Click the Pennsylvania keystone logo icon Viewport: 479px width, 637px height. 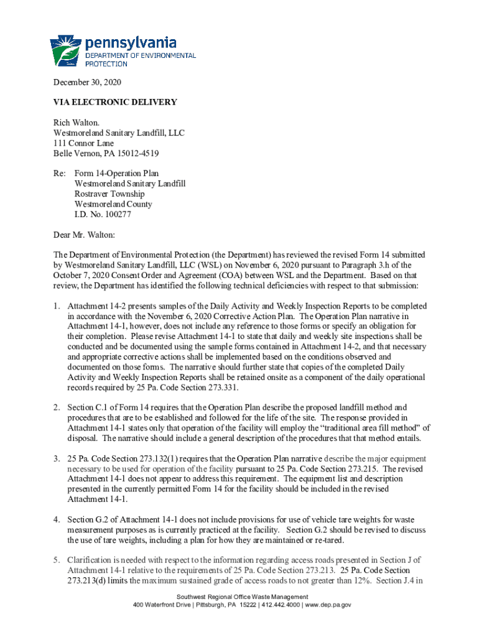coord(65,50)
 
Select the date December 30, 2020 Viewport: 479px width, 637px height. coord(87,83)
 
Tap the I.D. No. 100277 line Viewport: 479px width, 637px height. coord(103,215)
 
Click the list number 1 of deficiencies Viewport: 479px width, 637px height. coord(56,307)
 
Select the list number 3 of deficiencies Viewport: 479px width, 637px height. coord(56,458)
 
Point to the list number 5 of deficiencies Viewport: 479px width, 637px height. coord(56,560)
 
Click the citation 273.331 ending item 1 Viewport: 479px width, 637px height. coord(221,388)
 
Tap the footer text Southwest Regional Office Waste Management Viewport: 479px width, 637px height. coord(239,597)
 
